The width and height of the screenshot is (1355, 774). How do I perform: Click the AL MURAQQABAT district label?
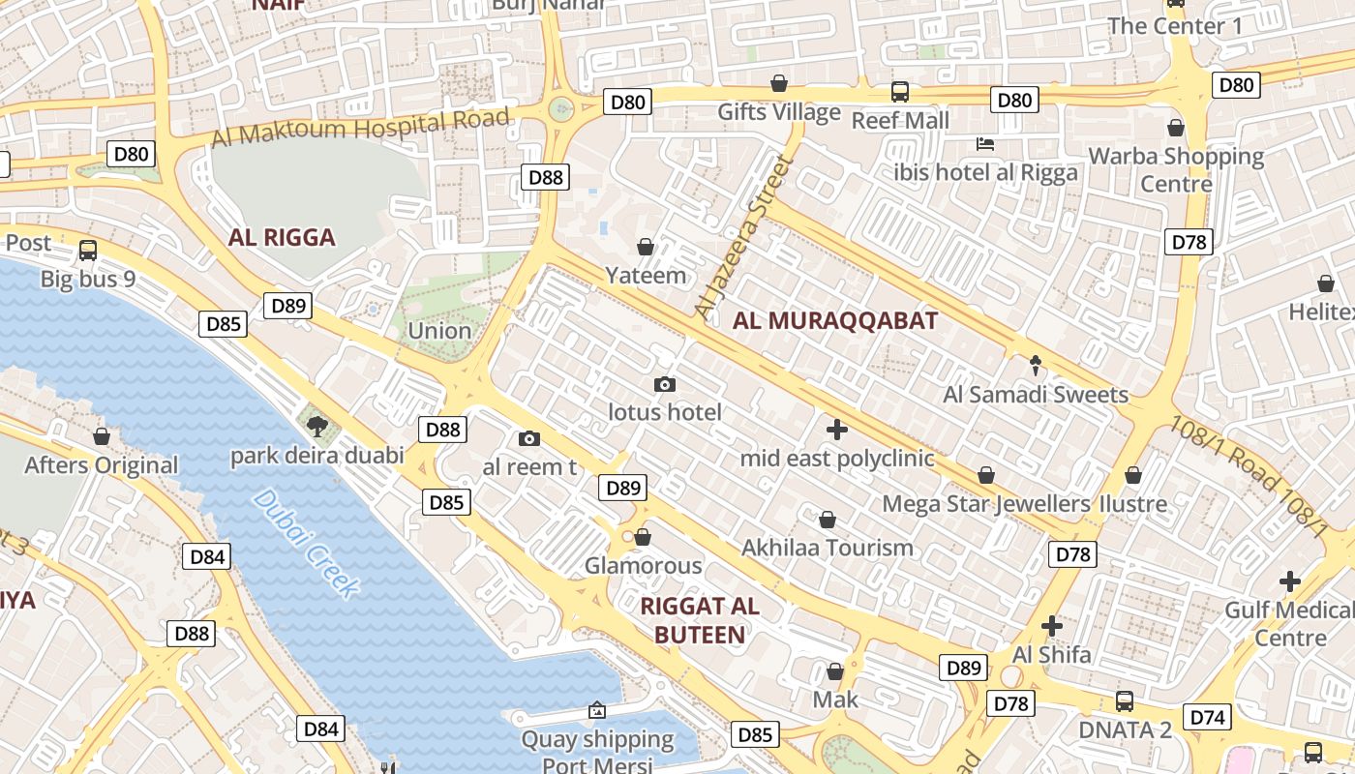click(x=834, y=321)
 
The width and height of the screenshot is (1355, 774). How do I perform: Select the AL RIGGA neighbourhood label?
click(x=282, y=237)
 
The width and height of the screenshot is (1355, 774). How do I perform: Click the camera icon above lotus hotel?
click(x=664, y=384)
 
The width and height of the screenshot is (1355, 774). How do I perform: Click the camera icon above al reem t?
click(x=528, y=438)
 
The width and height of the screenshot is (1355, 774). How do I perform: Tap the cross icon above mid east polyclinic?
click(x=837, y=429)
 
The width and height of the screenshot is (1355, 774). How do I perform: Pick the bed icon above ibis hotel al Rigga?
click(x=985, y=144)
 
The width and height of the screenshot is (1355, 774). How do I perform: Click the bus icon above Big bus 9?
click(x=88, y=250)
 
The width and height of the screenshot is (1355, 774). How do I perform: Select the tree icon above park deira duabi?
click(x=316, y=425)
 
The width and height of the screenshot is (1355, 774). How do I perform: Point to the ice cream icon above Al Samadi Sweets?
click(x=1036, y=365)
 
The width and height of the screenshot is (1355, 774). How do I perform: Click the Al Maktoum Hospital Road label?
click(x=360, y=128)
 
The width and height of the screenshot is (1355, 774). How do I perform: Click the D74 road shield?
click(x=1207, y=717)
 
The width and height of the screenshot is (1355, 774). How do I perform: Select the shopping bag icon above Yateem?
click(x=646, y=247)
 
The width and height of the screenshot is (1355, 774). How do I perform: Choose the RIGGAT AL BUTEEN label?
click(x=700, y=620)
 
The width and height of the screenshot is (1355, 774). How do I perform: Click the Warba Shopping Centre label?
click(x=1176, y=169)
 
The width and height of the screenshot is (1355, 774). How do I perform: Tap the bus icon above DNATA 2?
click(x=1124, y=700)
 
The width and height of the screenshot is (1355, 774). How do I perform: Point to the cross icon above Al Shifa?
click(x=1052, y=625)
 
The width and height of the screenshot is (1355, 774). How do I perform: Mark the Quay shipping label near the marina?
click(x=597, y=740)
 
